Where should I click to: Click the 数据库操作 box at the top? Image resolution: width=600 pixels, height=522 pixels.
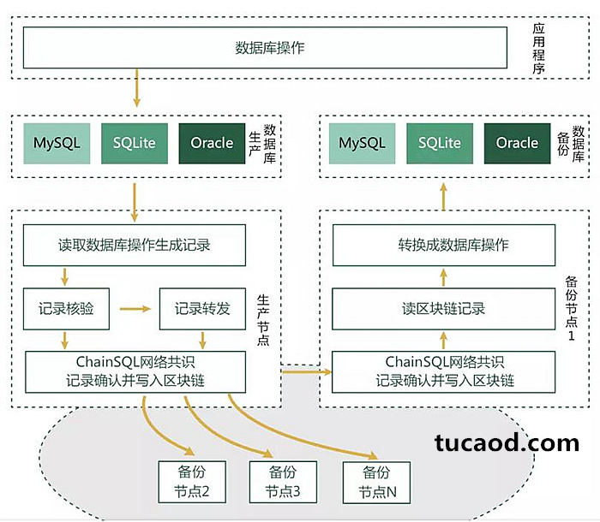[265, 48]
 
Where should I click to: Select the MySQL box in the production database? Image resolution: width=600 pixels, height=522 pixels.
[57, 143]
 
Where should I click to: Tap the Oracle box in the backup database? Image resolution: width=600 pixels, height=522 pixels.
[517, 143]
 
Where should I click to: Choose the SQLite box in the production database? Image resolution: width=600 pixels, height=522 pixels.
[135, 143]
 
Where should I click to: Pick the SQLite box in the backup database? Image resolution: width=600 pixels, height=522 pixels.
[440, 143]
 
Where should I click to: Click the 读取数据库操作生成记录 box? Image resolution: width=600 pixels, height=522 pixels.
[135, 245]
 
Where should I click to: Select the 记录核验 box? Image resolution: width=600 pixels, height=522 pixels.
[66, 309]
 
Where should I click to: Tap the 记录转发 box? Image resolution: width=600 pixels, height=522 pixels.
[202, 309]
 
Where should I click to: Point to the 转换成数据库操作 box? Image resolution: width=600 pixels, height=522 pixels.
[444, 245]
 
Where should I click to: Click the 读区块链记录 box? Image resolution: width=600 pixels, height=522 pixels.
[443, 309]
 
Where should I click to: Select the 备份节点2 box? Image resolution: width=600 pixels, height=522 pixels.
[192, 482]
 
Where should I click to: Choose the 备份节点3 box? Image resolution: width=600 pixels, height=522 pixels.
[283, 482]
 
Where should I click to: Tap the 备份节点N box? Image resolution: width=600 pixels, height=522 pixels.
[376, 483]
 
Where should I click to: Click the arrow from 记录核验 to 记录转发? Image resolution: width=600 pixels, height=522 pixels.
[135, 309]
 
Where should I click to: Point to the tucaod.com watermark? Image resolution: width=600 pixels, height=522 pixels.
[507, 443]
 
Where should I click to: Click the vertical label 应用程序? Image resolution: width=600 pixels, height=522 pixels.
[539, 48]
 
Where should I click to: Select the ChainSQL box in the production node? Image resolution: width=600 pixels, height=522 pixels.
[135, 372]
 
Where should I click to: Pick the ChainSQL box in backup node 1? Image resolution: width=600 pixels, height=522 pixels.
[444, 372]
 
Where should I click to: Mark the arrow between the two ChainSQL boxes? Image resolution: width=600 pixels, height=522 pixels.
[307, 371]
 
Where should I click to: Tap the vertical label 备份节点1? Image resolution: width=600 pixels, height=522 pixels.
[572, 308]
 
